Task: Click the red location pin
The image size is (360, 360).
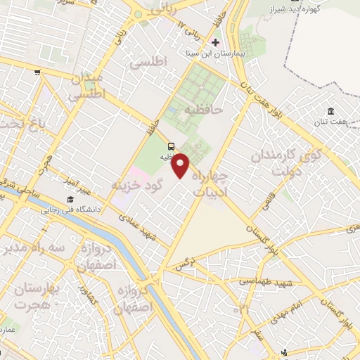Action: click(181, 165)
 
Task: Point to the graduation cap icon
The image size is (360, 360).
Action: click(70, 201)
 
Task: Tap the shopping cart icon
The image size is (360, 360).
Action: click(37, 72)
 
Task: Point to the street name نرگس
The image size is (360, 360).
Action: click(184, 264)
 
